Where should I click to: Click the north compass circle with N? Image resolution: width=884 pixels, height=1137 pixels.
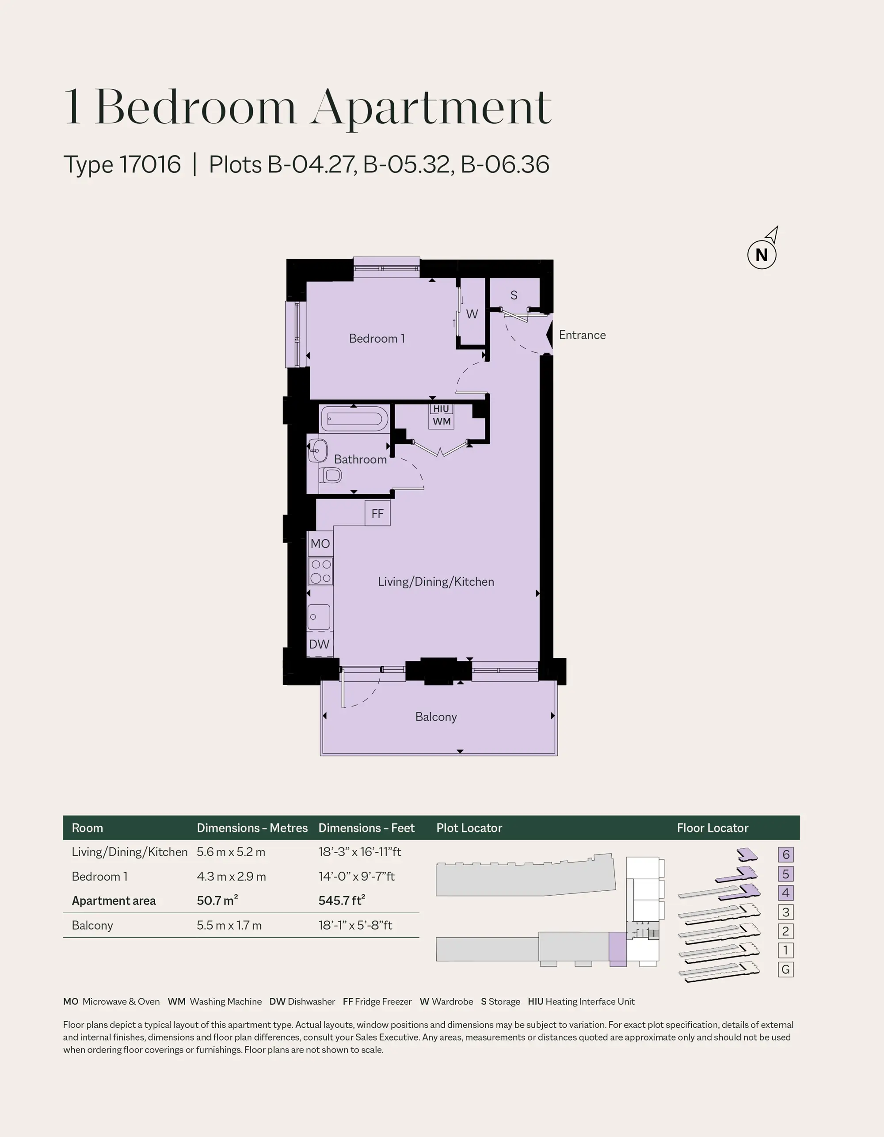(762, 255)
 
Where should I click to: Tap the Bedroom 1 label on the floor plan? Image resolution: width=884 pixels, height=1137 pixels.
(377, 338)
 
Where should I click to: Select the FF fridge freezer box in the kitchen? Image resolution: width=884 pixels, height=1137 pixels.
(377, 513)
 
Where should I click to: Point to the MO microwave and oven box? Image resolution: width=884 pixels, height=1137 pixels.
(320, 543)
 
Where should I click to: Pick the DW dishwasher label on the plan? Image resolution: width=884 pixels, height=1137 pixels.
(319, 644)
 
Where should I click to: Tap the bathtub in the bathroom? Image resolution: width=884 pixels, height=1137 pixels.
(354, 419)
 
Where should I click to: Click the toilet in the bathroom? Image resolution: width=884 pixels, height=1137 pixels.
(330, 475)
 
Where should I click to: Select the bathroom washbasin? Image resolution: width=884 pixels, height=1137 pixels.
(317, 450)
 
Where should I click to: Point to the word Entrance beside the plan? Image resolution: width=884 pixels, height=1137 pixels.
(582, 335)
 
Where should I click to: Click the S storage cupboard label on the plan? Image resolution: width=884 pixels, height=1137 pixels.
(514, 295)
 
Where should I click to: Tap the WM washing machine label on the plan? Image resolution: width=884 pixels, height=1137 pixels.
(442, 421)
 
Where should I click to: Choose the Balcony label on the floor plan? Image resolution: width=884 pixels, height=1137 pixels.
(436, 717)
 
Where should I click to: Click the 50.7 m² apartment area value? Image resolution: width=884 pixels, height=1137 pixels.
(217, 900)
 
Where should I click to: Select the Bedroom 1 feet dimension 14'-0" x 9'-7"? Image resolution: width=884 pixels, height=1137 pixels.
(357, 877)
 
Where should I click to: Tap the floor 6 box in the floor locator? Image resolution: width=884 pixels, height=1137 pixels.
(785, 855)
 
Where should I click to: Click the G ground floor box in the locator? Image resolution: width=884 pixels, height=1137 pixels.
(785, 969)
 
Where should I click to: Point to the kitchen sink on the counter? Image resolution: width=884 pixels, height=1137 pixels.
(319, 618)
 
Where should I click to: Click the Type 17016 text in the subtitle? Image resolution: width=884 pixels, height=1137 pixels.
(122, 164)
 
